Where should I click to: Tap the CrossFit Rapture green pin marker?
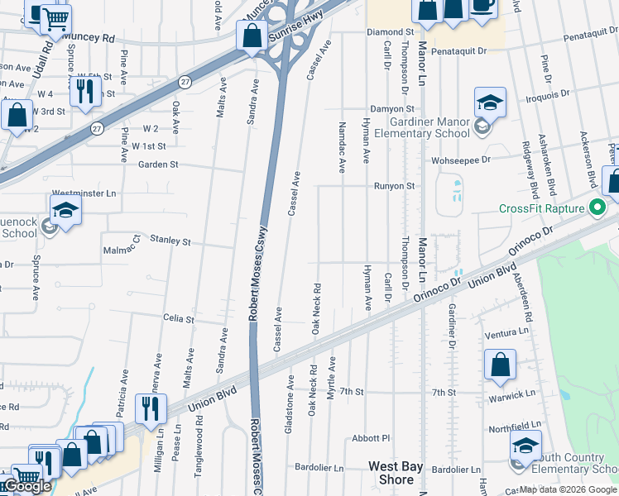point(595,207)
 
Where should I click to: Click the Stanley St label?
point(170,241)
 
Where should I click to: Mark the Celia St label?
point(179,318)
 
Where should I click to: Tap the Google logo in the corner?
point(27,486)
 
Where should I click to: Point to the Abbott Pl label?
point(370,438)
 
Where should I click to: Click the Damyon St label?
point(391,108)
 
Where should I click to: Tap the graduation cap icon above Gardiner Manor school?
point(490,104)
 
